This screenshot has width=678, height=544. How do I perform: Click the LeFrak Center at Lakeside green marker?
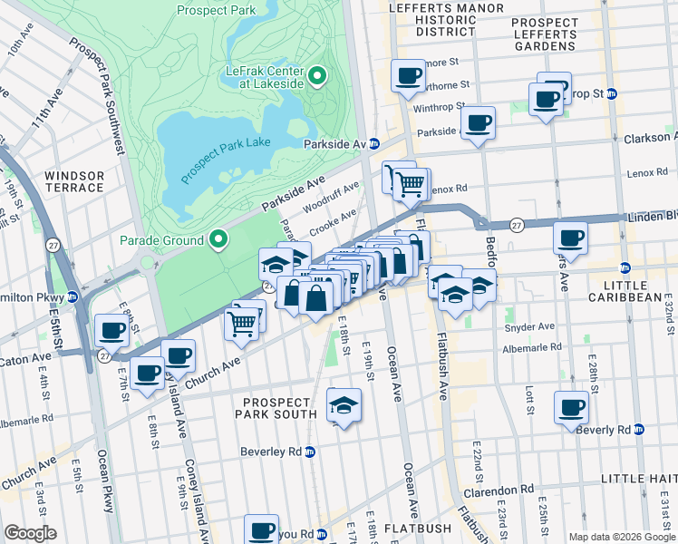click(x=317, y=76)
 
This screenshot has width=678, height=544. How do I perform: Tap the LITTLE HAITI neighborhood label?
click(x=639, y=478)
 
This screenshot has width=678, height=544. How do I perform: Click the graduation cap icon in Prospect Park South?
click(x=344, y=405)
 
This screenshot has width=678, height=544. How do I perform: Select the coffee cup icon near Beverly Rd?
click(x=570, y=407)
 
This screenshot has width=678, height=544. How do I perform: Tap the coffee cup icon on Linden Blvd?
click(x=570, y=238)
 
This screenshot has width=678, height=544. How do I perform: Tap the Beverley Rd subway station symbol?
click(x=310, y=452)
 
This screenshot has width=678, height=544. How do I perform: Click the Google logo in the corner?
click(x=31, y=532)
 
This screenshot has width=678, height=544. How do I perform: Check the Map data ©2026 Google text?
click(x=621, y=537)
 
